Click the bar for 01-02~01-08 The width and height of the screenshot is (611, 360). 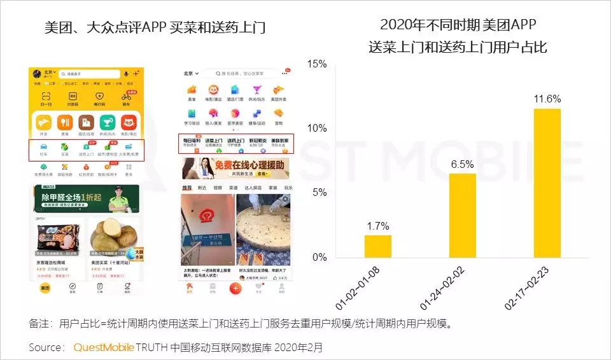[378, 246]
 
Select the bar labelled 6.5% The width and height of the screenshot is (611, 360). [463, 216]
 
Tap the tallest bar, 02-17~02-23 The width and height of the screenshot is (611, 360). [547, 183]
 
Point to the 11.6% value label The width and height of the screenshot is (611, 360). [547, 99]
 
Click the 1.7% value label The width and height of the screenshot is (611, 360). [378, 226]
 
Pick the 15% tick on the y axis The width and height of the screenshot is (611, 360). [316, 64]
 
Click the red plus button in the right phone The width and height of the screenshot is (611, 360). [235, 288]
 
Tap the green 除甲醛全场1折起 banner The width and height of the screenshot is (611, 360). [87, 198]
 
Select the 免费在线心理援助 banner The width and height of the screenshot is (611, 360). [235, 169]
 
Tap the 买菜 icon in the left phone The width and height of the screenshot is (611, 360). [65, 150]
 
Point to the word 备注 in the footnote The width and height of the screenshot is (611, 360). [39, 324]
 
